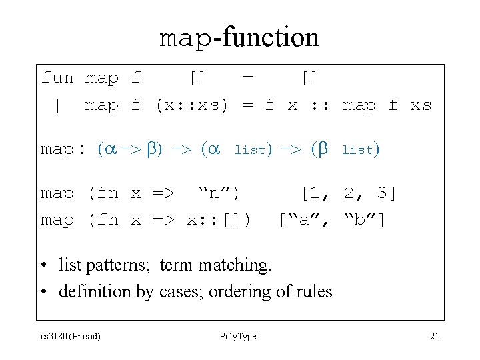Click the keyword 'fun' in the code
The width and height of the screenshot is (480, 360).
point(57,78)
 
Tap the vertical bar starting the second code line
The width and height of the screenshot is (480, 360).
point(59,105)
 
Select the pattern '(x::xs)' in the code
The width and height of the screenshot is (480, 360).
point(191,105)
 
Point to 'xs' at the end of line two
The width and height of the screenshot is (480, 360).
point(421,105)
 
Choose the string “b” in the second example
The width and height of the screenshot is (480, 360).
point(363,219)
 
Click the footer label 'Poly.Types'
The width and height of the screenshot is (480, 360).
point(239,336)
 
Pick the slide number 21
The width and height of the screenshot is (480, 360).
point(434,336)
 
